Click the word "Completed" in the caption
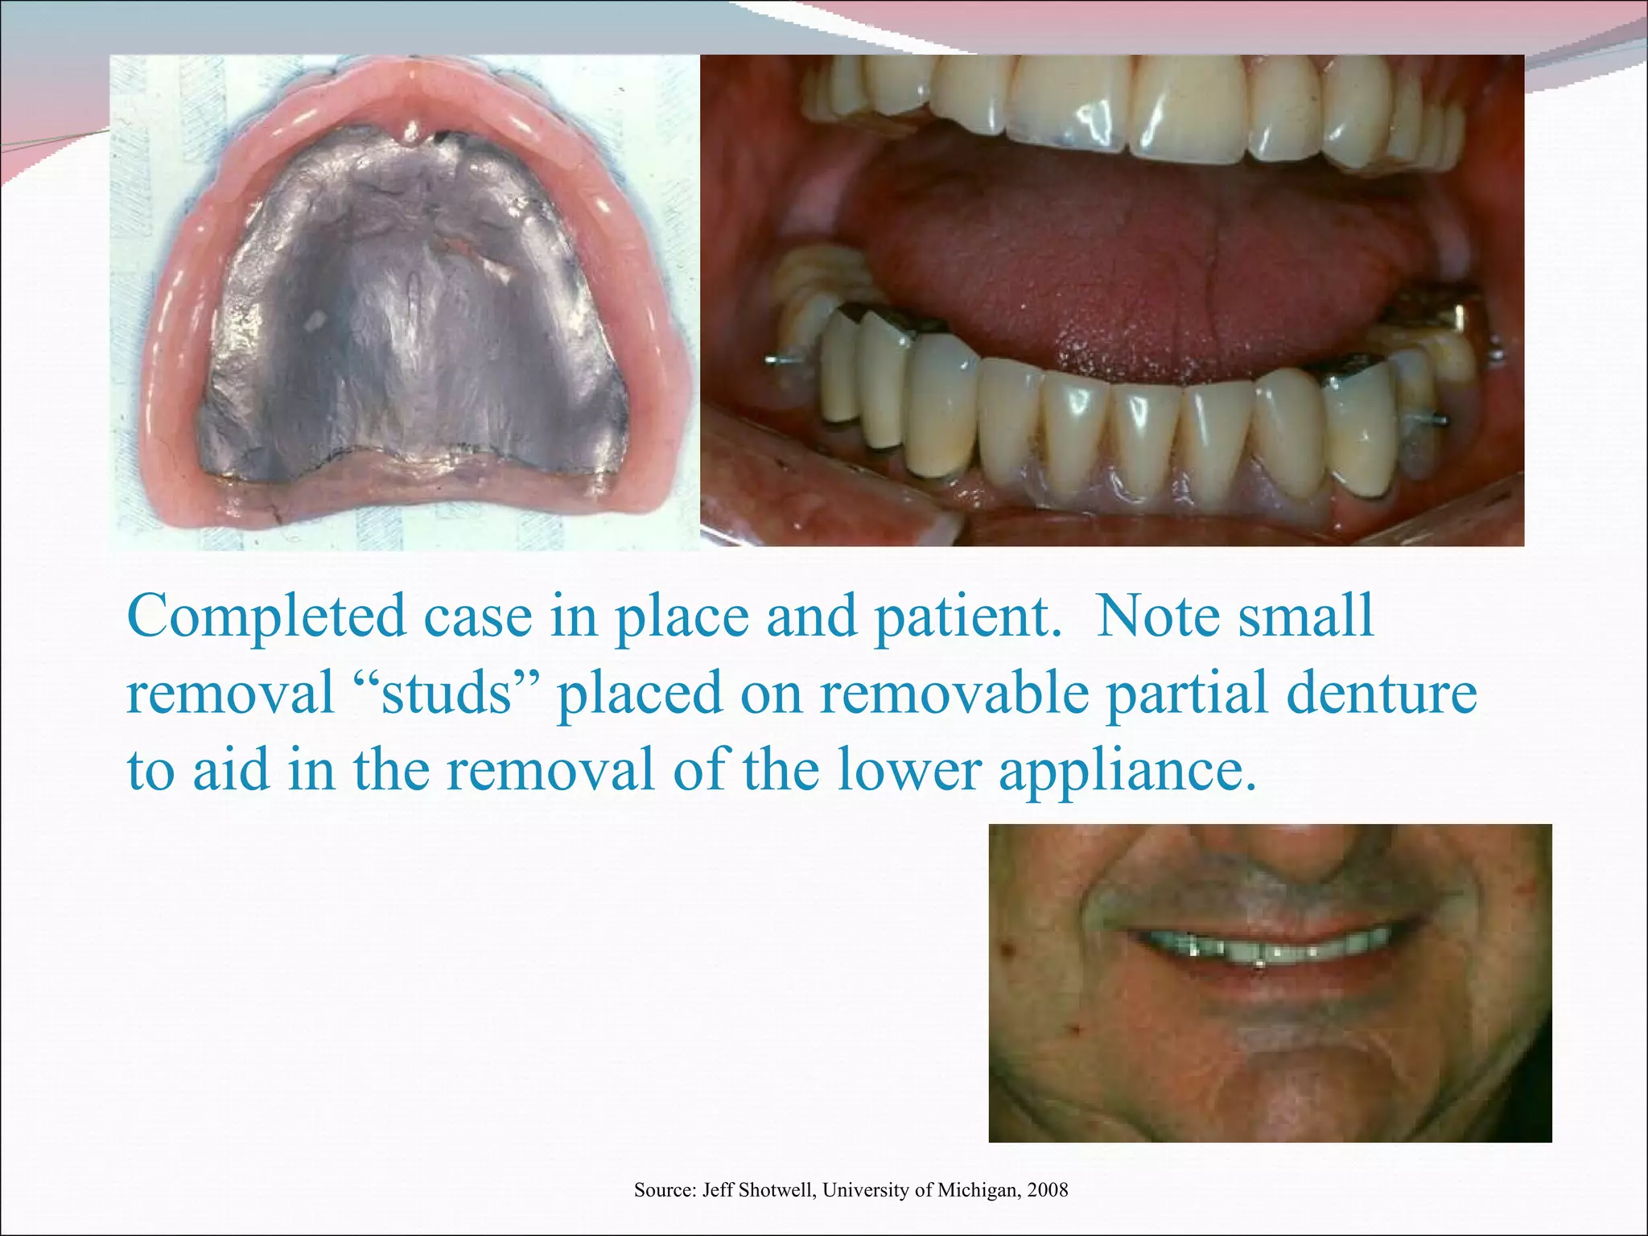(x=266, y=617)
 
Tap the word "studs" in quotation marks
(x=447, y=693)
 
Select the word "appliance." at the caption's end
(x=1127, y=770)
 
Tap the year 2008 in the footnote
(x=1047, y=1189)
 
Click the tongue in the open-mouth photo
(x=1127, y=274)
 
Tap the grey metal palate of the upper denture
(x=410, y=322)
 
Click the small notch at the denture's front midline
(x=413, y=134)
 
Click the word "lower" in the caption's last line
(x=908, y=770)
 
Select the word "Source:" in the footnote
(x=665, y=1189)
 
